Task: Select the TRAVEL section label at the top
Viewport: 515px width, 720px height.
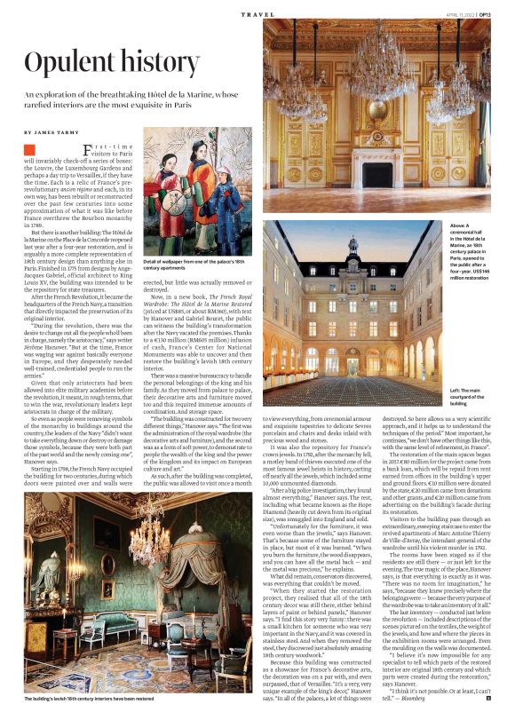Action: [x=254, y=13]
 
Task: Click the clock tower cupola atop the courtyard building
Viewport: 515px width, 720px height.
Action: [x=353, y=244]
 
